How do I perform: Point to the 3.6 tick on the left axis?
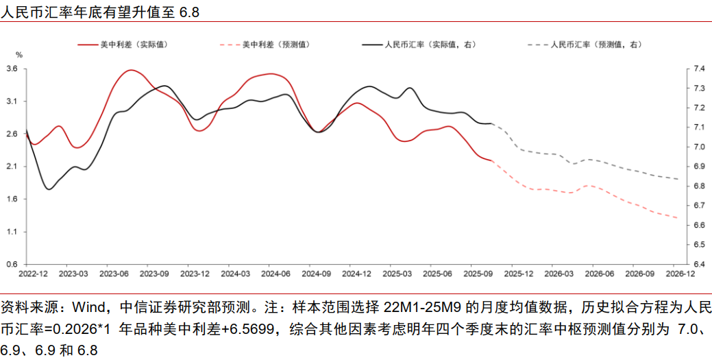(12, 69)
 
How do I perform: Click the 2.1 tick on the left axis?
(12, 167)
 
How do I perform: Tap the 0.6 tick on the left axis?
(12, 265)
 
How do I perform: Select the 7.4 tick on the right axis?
(698, 69)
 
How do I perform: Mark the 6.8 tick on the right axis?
(698, 186)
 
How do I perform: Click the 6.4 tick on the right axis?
(698, 265)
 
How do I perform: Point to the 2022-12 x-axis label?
(32, 274)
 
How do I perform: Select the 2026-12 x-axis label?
(678, 274)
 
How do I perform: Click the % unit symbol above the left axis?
(19, 54)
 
